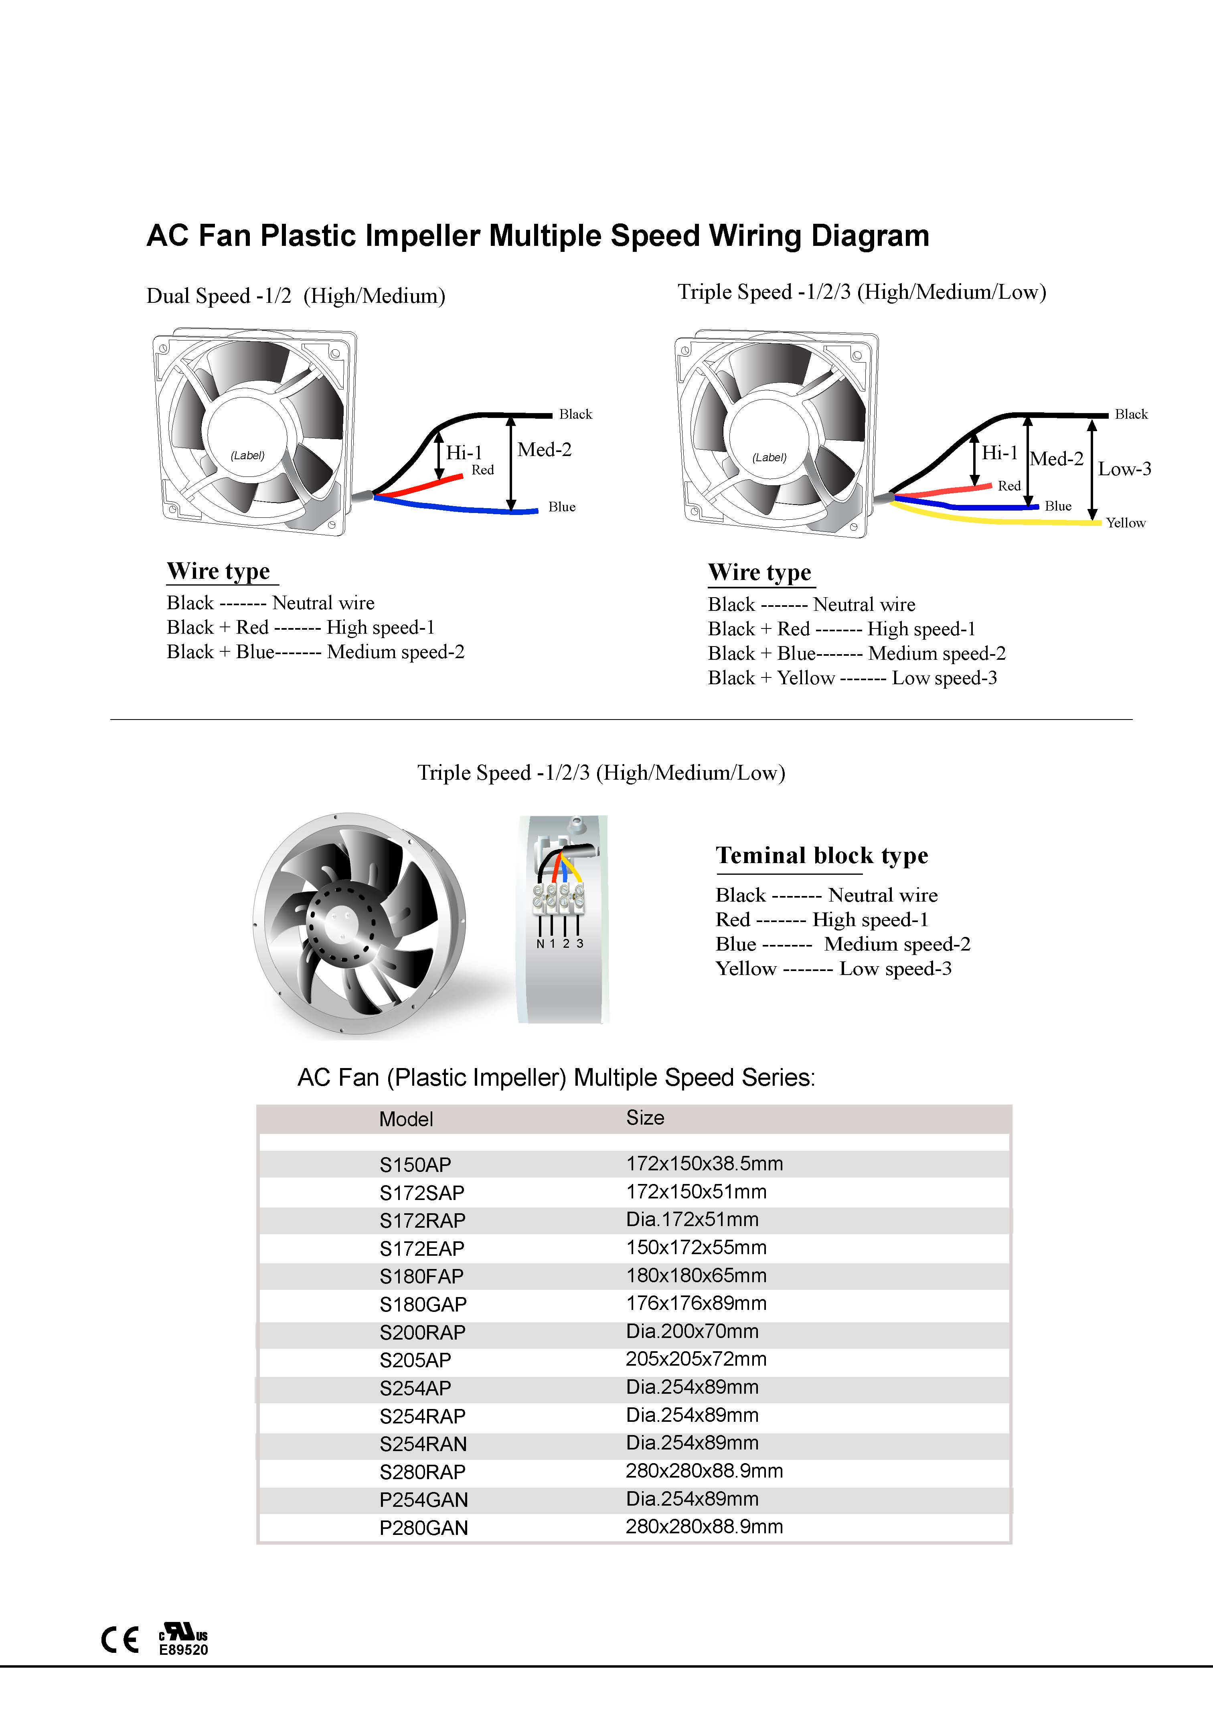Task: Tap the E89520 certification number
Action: [x=183, y=1650]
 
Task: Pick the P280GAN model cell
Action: [x=423, y=1528]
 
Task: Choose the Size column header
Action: [x=645, y=1117]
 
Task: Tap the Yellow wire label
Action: [x=1126, y=523]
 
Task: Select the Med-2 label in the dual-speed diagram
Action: [x=545, y=450]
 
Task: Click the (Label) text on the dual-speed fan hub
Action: [x=247, y=456]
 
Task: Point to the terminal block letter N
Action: [x=540, y=944]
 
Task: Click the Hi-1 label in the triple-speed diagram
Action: [x=999, y=452]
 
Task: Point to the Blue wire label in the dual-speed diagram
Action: [x=562, y=507]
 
